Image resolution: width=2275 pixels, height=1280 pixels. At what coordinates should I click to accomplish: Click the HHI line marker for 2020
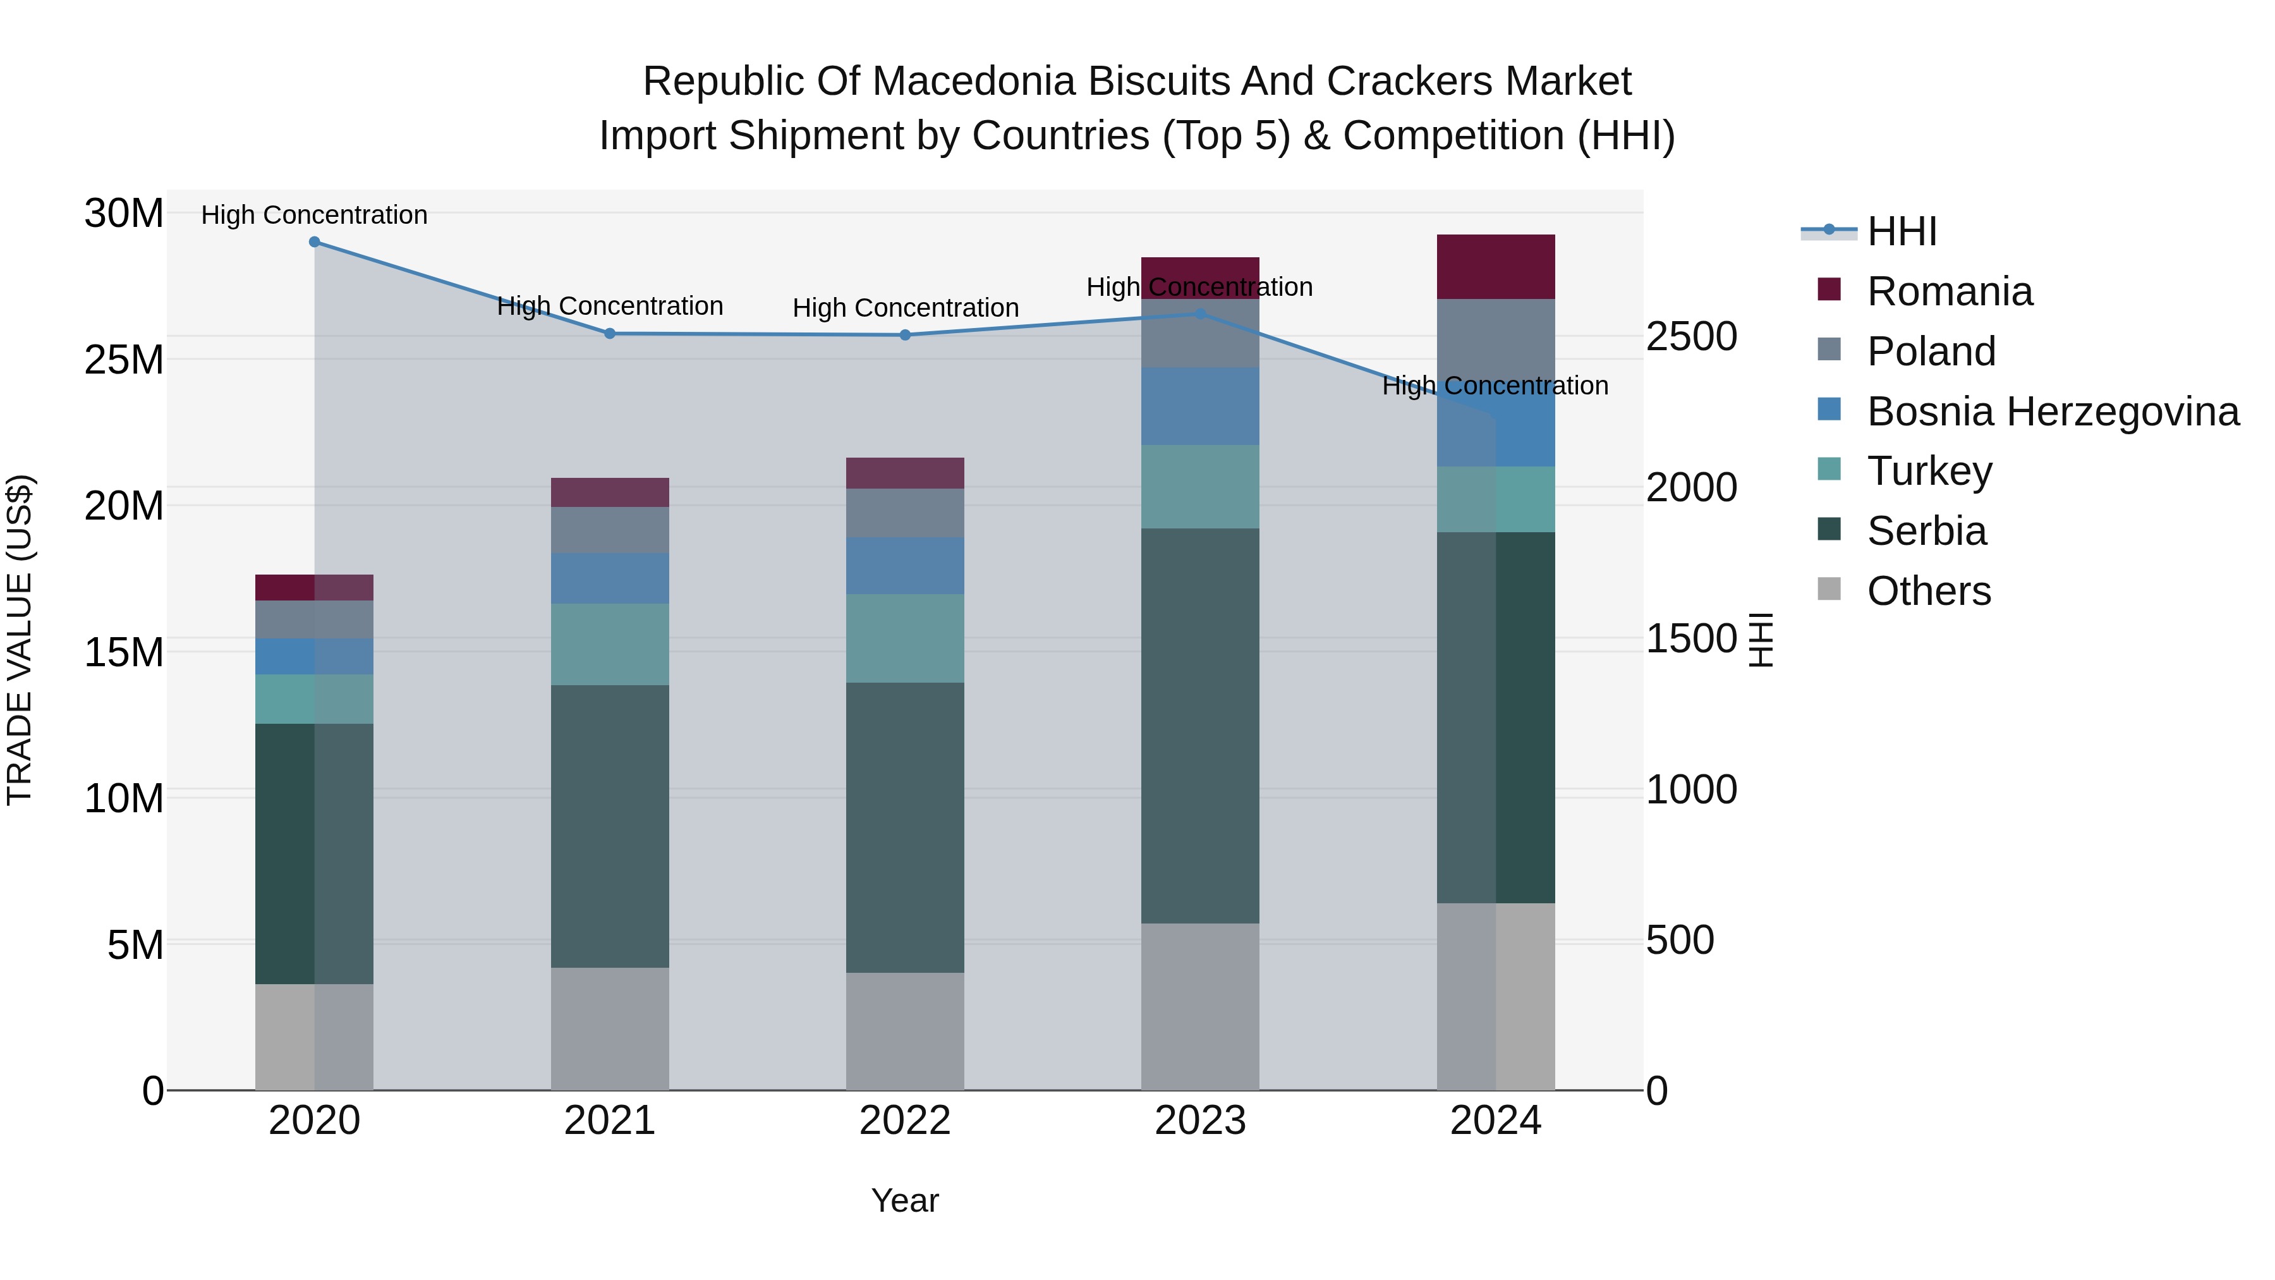[x=315, y=242]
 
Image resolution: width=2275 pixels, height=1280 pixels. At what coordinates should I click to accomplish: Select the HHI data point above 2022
[x=905, y=335]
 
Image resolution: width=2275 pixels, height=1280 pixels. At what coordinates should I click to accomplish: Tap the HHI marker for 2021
[x=609, y=334]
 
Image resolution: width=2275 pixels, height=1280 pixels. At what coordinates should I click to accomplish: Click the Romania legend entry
[x=1949, y=291]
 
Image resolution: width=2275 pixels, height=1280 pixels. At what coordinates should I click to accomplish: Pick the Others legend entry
[x=1928, y=591]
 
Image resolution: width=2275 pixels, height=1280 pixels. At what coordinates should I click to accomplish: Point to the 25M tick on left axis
[x=124, y=360]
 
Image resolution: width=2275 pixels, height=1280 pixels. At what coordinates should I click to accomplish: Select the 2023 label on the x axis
[x=1200, y=1121]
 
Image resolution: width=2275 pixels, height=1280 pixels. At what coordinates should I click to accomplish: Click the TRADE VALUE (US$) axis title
[x=20, y=640]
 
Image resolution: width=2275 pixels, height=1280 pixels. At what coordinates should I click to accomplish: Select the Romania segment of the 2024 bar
[x=1495, y=267]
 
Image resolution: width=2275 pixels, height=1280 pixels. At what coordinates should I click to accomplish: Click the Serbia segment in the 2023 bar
[x=1200, y=726]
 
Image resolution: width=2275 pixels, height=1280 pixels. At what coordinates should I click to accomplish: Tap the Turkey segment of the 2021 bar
[x=609, y=644]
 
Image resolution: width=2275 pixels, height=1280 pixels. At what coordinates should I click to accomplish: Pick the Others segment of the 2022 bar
[x=905, y=1031]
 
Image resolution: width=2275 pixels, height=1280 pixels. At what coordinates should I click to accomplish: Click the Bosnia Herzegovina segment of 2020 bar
[x=315, y=656]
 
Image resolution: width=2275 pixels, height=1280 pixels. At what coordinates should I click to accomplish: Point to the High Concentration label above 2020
[x=315, y=215]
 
